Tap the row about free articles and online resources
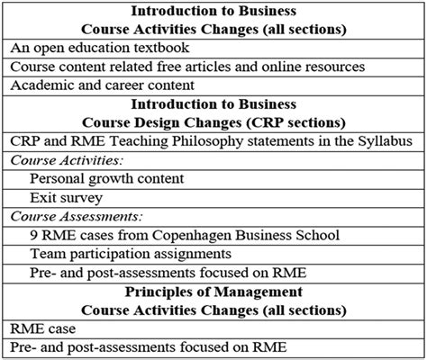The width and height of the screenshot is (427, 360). (x=186, y=67)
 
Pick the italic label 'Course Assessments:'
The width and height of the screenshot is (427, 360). (x=72, y=217)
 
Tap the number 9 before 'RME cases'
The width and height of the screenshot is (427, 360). (x=34, y=236)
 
